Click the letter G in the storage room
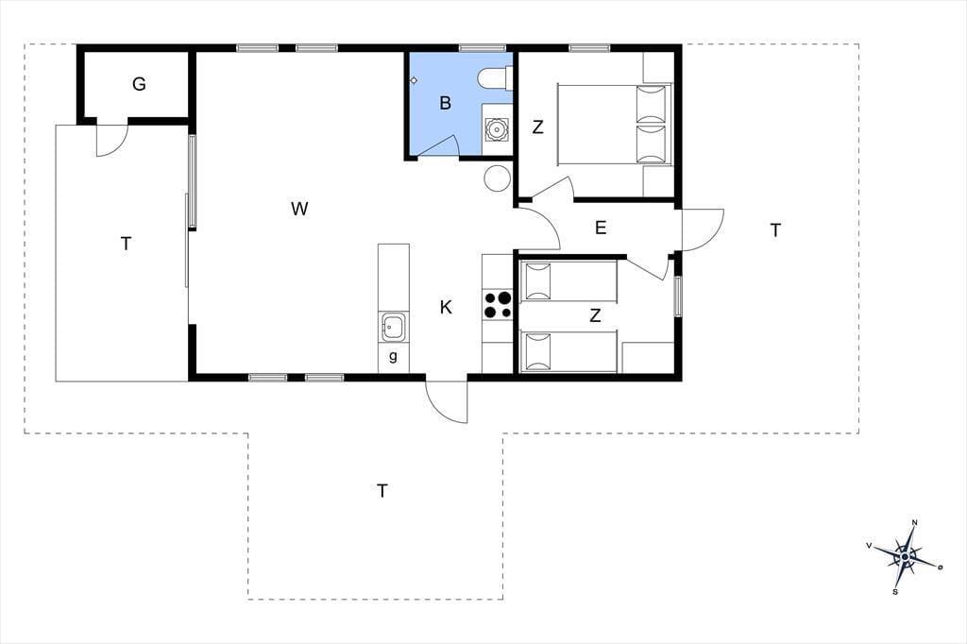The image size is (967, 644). point(140,84)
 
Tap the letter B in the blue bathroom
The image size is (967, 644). point(446,103)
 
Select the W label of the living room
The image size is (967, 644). point(299,209)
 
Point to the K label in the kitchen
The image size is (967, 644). point(446,307)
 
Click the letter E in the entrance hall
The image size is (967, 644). point(601,229)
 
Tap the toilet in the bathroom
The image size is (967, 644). point(493,78)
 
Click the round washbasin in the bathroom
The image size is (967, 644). point(496,130)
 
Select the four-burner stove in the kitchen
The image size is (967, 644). point(497,305)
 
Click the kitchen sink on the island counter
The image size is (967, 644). point(393,327)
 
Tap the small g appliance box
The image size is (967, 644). point(394,357)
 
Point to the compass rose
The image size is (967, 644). point(905,556)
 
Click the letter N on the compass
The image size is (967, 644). point(914,522)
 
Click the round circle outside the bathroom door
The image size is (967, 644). point(497,178)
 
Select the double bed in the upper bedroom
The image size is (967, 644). point(614,125)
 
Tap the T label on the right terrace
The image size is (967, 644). point(776,230)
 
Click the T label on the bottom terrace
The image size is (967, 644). point(382,492)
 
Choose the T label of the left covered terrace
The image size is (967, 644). point(127,245)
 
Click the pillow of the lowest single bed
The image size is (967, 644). point(537,351)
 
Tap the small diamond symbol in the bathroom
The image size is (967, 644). point(415,80)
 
